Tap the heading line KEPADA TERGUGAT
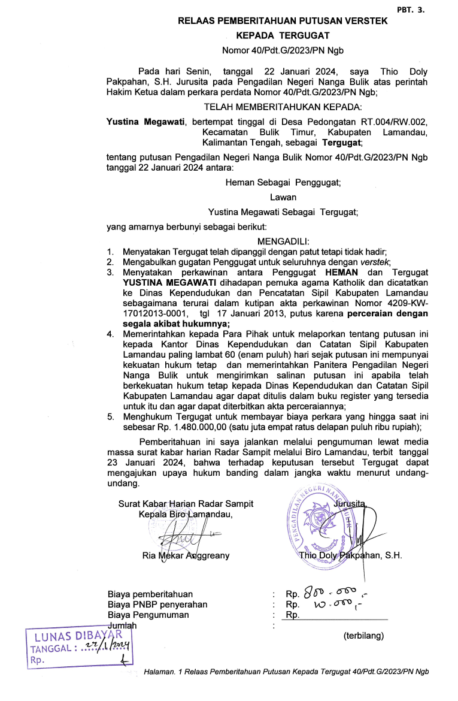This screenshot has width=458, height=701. point(283,36)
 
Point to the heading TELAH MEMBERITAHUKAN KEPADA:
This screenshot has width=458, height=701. point(283,107)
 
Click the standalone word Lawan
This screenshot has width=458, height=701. point(283,197)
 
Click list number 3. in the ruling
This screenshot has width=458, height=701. point(110,273)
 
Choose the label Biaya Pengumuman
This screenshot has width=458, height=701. point(148,615)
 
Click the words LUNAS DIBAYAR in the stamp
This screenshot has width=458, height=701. point(79,636)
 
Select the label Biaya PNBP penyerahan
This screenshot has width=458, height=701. point(157,605)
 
